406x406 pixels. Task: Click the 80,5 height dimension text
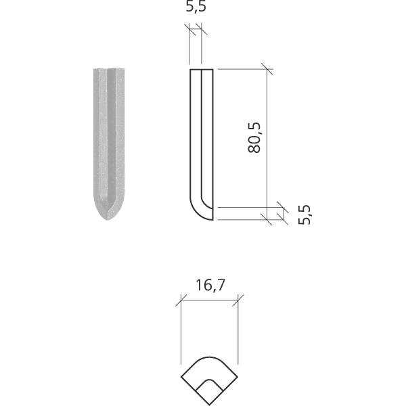pos(254,137)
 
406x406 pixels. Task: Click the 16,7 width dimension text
pos(210,286)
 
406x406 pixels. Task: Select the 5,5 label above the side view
pos(196,8)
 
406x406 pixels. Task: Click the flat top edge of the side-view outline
pos(202,70)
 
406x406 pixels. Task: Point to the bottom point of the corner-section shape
pos(210,405)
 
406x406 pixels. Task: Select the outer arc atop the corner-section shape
pos(210,360)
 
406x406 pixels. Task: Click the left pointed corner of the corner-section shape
pos(181,376)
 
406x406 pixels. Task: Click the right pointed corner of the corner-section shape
pos(240,376)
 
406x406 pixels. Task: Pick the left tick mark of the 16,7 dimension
pos(181,300)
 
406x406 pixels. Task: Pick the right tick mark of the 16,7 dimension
pos(240,300)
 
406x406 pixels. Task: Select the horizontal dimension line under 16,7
pos(210,300)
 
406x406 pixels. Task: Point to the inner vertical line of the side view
pos(200,135)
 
